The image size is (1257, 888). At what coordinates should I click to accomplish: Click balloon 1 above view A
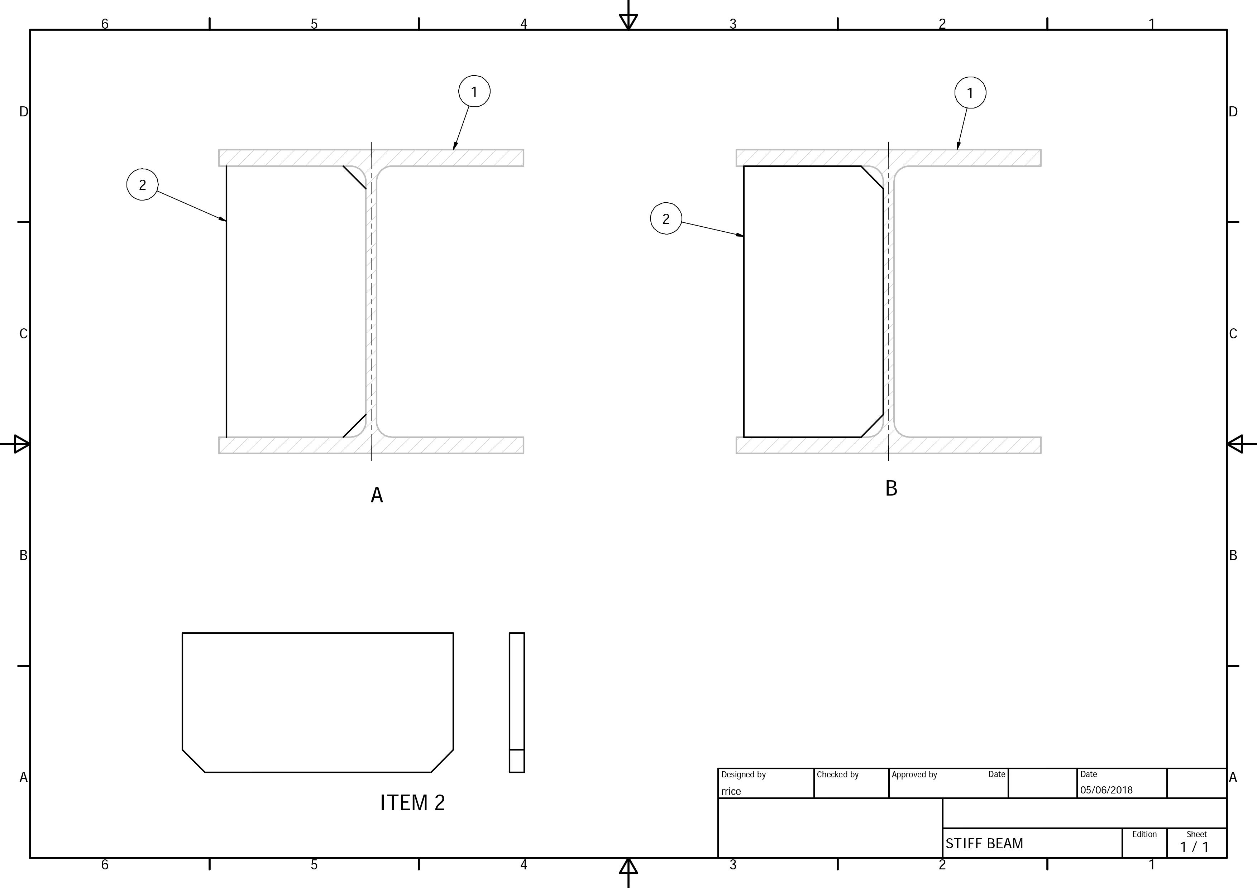coord(474,91)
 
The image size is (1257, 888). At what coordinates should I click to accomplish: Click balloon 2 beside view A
coord(142,185)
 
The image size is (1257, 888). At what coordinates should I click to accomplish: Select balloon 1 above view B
coord(970,93)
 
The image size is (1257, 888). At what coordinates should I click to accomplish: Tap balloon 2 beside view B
coord(666,219)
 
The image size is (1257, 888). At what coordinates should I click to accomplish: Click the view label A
coord(377,495)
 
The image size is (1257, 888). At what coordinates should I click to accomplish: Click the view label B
coord(891,488)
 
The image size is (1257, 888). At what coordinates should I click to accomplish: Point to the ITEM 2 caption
coord(412,803)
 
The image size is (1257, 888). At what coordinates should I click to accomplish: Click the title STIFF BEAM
coord(984,844)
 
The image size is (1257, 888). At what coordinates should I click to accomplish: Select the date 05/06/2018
coord(1106,790)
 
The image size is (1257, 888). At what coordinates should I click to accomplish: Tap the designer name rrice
coord(731,791)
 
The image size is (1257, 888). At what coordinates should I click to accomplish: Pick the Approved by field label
coord(914,775)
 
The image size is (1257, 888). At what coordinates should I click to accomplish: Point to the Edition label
coord(1144,834)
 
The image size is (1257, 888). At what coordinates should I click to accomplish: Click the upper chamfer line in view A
coord(355,178)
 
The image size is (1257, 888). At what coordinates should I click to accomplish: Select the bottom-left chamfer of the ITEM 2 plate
coord(193,761)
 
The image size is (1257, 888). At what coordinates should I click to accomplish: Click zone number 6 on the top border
coord(105,24)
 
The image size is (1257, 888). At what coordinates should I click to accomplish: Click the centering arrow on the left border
coord(20,444)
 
